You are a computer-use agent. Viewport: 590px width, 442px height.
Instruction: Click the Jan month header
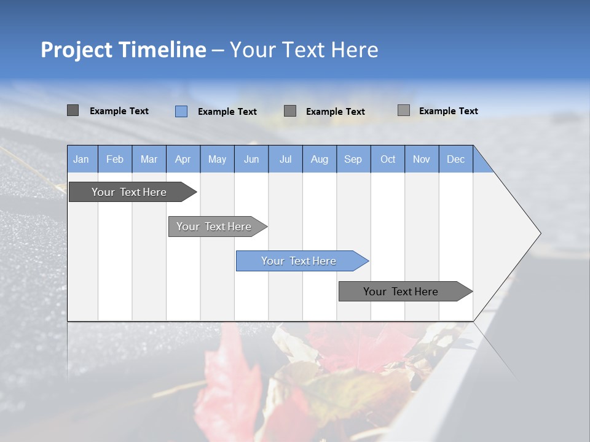(x=81, y=160)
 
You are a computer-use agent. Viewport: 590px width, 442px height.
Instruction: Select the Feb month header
(x=115, y=160)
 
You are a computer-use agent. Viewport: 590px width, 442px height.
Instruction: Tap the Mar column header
(x=149, y=160)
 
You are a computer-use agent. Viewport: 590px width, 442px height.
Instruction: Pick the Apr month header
(x=183, y=160)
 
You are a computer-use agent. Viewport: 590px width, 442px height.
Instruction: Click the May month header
(x=217, y=160)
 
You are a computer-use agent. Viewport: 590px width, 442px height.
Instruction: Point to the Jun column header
(x=251, y=160)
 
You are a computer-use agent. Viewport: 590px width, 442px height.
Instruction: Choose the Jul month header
(x=285, y=160)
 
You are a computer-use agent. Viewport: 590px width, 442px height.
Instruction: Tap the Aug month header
(x=320, y=160)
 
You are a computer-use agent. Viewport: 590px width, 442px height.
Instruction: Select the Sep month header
(x=353, y=160)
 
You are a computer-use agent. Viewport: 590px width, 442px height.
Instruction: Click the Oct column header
(x=388, y=160)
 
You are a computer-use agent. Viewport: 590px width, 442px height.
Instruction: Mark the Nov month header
(x=422, y=160)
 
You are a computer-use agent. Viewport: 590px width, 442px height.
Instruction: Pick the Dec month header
(x=455, y=160)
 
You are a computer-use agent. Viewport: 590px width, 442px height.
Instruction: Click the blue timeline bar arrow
(x=301, y=261)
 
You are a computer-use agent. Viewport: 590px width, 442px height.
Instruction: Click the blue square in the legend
(x=181, y=111)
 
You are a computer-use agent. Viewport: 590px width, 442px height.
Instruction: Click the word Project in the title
(x=76, y=50)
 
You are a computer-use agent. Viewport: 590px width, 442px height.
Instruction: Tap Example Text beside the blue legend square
(x=227, y=112)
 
